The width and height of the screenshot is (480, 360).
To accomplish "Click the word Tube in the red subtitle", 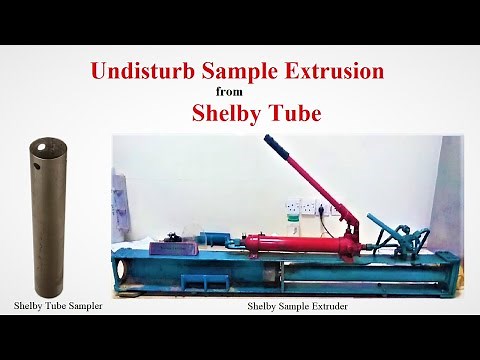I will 295,113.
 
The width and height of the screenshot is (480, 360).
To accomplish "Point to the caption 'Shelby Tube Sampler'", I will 58,304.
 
